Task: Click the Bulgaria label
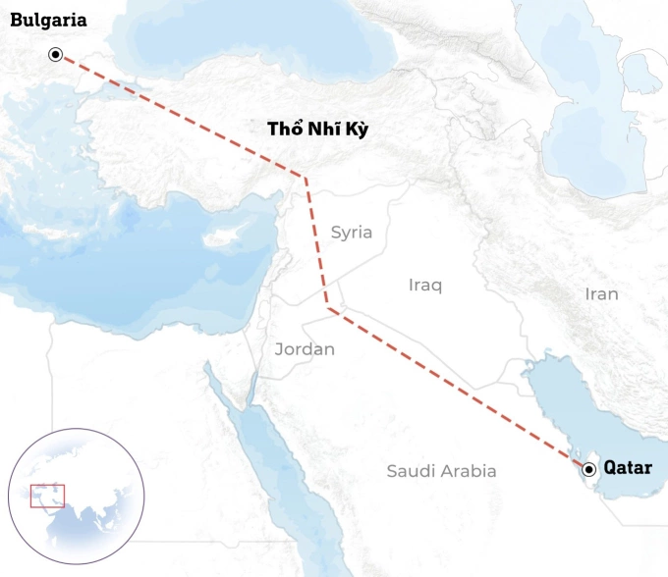[x=48, y=20]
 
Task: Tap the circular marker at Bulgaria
[x=57, y=55]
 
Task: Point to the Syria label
[x=351, y=233]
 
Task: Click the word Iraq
[x=425, y=285]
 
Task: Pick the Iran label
[x=601, y=293]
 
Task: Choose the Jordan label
[x=305, y=348]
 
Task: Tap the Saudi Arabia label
[x=441, y=471]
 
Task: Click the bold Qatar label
[x=628, y=468]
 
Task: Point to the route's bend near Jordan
[x=328, y=309]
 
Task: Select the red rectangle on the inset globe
[x=47, y=496]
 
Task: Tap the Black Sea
[x=246, y=39]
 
